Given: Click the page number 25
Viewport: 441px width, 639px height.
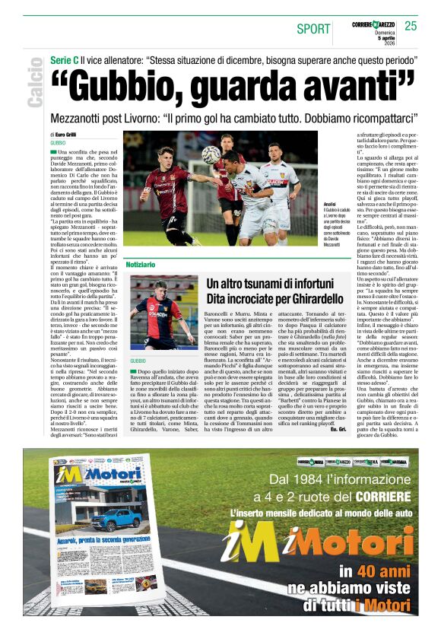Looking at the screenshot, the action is [x=411, y=26].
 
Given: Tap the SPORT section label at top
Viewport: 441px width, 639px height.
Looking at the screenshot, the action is [x=314, y=29].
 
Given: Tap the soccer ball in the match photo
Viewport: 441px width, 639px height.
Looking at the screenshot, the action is [x=211, y=154].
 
